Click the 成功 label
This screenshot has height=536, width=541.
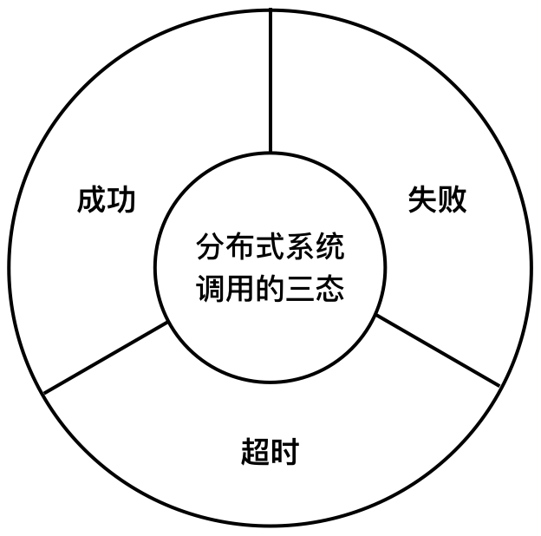[107, 200]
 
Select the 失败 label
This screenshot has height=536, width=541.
[437, 200]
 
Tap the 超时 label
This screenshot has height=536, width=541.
[270, 452]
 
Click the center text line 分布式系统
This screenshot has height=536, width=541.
[270, 248]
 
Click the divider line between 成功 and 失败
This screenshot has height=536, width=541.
[270, 82]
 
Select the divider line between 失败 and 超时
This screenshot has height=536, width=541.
[438, 351]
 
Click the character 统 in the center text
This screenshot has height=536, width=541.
[330, 248]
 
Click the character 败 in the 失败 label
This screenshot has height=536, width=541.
[453, 200]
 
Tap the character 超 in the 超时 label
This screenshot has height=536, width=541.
[255, 452]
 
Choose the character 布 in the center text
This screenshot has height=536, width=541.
[240, 248]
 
